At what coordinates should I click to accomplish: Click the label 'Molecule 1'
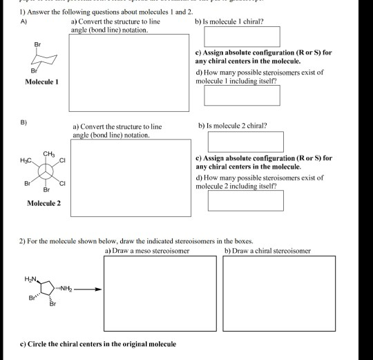[42, 82]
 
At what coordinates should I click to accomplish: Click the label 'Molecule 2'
[44, 203]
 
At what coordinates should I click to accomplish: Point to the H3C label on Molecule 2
[27, 160]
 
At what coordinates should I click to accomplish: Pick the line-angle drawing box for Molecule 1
[129, 73]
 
